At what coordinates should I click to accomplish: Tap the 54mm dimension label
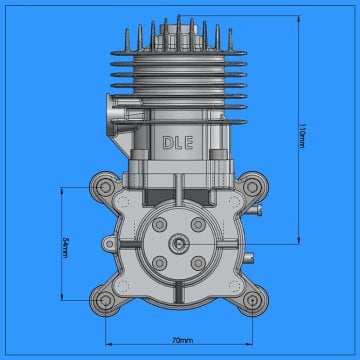(64, 247)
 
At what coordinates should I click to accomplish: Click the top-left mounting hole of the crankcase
(104, 187)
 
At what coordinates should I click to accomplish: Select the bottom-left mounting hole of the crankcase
(104, 300)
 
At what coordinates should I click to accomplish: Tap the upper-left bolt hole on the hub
(157, 224)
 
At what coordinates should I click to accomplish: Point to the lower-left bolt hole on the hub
(157, 263)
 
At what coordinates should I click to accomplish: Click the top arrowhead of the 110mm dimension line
(299, 18)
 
